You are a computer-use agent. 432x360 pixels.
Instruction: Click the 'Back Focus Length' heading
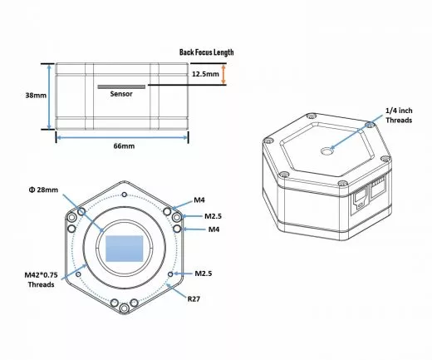[x=206, y=52]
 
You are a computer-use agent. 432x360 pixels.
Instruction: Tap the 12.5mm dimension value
[x=205, y=74]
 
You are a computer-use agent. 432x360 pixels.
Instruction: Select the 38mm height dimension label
[x=36, y=96]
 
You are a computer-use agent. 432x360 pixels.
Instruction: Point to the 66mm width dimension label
[x=124, y=146]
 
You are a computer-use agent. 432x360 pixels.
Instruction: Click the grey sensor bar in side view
[x=121, y=86]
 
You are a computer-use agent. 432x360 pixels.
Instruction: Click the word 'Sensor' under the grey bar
[x=121, y=94]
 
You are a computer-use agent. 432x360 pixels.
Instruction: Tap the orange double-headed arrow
[x=223, y=74]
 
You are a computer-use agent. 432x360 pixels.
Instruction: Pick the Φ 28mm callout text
[x=43, y=190]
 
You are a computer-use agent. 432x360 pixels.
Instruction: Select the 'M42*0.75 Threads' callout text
[x=41, y=279]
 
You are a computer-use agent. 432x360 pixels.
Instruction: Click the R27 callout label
[x=194, y=299]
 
